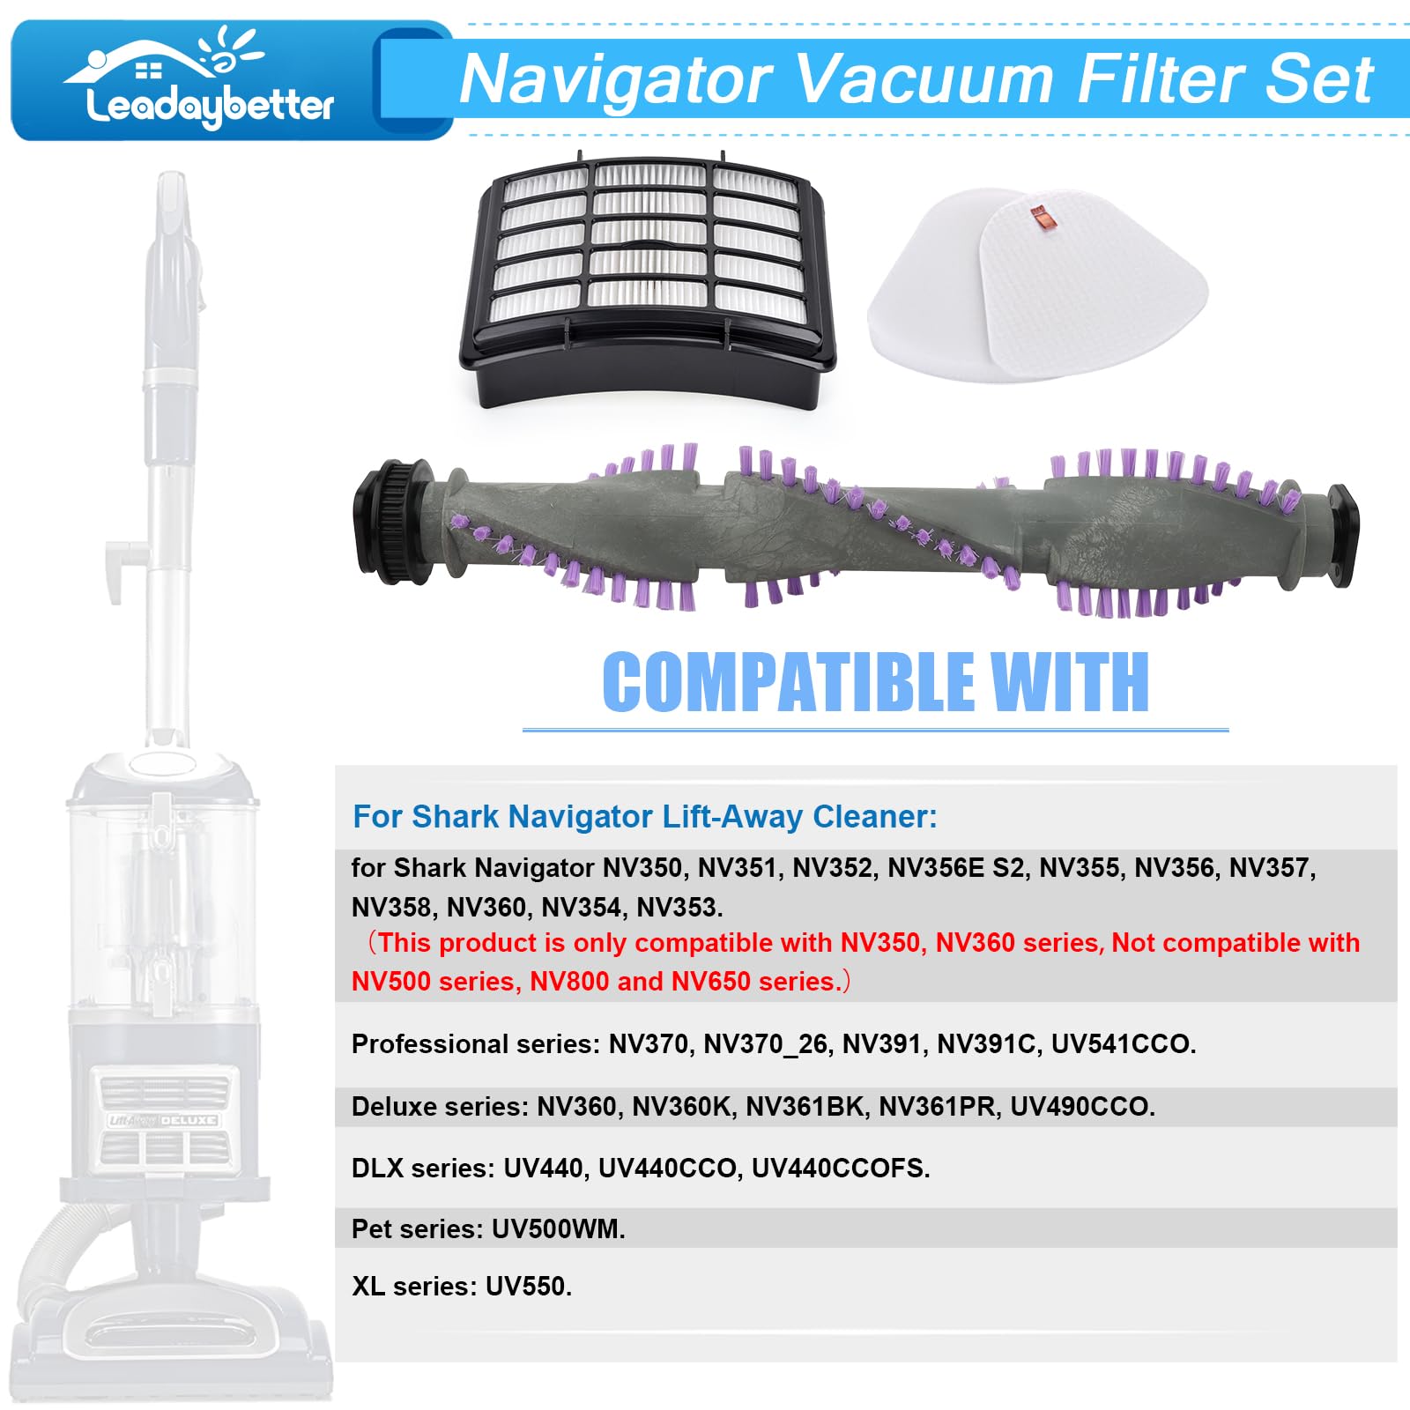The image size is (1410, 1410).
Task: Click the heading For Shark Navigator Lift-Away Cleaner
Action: click(644, 816)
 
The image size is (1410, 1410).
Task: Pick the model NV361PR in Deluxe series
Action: click(936, 1106)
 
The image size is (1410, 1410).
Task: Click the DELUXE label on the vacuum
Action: click(188, 1120)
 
